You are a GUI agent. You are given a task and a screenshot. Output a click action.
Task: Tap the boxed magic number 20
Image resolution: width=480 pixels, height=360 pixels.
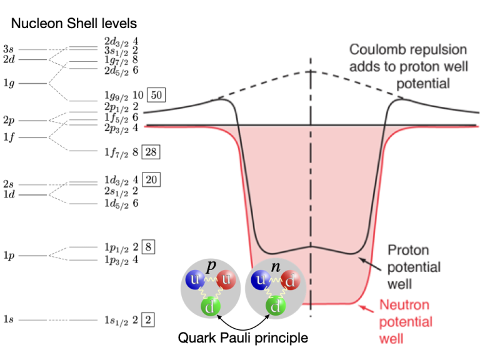[151, 180]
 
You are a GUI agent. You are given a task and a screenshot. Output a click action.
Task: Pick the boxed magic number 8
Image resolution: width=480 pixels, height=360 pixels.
[148, 246]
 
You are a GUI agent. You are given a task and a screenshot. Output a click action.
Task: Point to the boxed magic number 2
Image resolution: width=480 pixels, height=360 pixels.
[148, 320]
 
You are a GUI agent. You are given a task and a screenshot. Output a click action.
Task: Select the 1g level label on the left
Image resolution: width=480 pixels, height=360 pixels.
[9, 82]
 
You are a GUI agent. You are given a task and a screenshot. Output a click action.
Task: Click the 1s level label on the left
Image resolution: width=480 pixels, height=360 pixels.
[9, 320]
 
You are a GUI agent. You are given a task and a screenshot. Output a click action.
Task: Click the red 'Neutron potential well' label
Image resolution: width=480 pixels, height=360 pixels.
[406, 322]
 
